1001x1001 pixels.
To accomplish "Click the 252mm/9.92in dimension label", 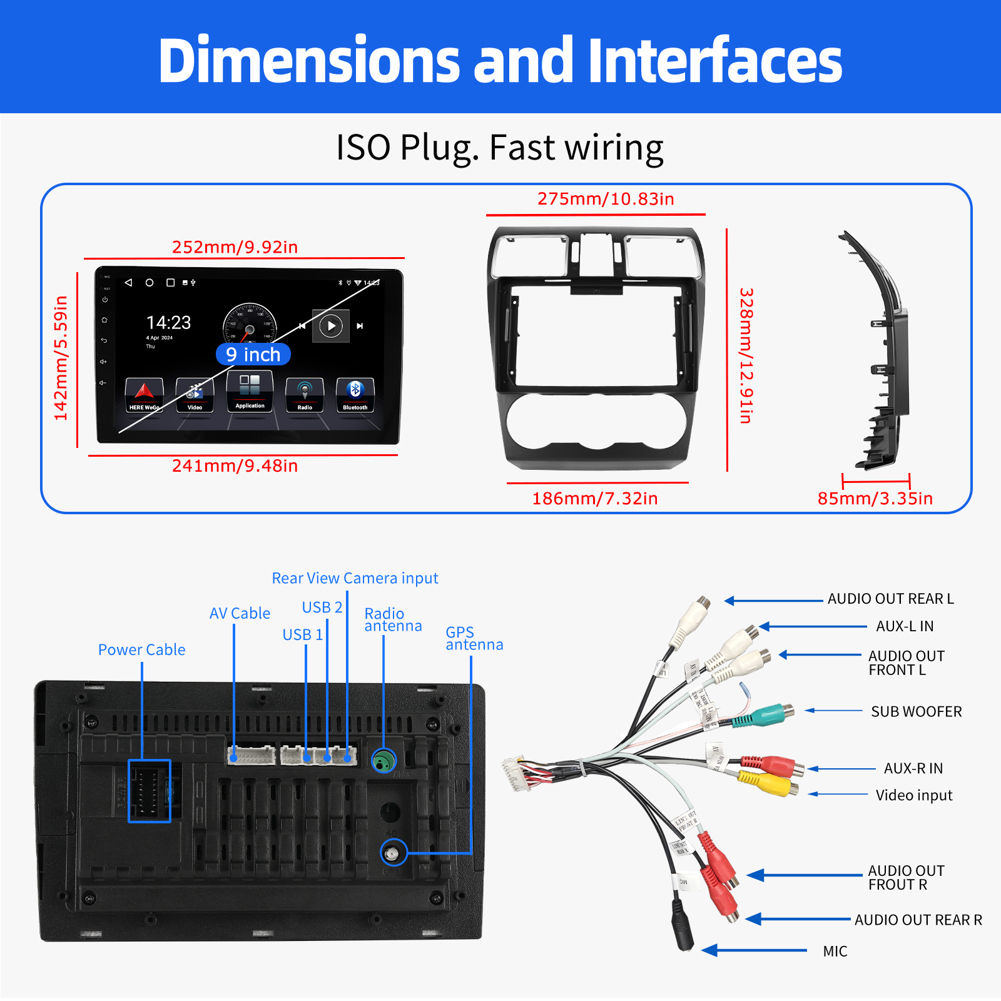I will pyautogui.click(x=235, y=247).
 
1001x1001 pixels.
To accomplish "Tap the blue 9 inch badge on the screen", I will pyautogui.click(x=253, y=355).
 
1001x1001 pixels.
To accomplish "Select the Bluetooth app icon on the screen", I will pyautogui.click(x=355, y=394).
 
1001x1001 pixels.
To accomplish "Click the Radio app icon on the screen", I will pyautogui.click(x=305, y=394).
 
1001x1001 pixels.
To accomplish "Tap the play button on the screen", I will pyautogui.click(x=331, y=325).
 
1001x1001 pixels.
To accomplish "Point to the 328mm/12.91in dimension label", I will pyautogui.click(x=746, y=355).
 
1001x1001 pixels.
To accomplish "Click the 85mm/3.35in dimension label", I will pyautogui.click(x=875, y=499).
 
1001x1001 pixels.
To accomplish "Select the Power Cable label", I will pyautogui.click(x=141, y=650).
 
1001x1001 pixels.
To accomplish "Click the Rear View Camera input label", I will pyautogui.click(x=355, y=578).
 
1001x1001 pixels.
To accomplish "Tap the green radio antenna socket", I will pyautogui.click(x=384, y=761).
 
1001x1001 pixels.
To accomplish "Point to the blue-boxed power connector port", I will pyautogui.click(x=150, y=791).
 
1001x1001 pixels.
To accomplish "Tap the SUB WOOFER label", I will pyautogui.click(x=916, y=712).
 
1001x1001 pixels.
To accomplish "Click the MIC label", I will pyautogui.click(x=835, y=952).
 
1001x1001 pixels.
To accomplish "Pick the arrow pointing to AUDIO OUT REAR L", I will pyautogui.click(x=773, y=601).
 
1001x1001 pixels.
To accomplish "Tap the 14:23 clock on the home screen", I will pyautogui.click(x=168, y=323).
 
